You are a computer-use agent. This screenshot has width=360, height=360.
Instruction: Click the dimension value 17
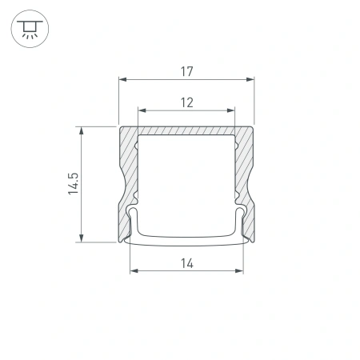[186, 70]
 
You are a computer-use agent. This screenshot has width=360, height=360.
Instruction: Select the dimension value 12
[186, 102]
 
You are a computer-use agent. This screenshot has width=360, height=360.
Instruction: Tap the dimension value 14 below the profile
[186, 263]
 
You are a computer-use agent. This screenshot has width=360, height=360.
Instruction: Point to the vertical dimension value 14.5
[73, 183]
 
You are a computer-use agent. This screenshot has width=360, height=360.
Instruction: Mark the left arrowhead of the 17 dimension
[122, 79]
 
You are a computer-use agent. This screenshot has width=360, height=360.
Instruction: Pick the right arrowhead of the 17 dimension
[250, 79]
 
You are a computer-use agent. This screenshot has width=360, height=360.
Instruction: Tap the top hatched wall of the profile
[186, 130]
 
